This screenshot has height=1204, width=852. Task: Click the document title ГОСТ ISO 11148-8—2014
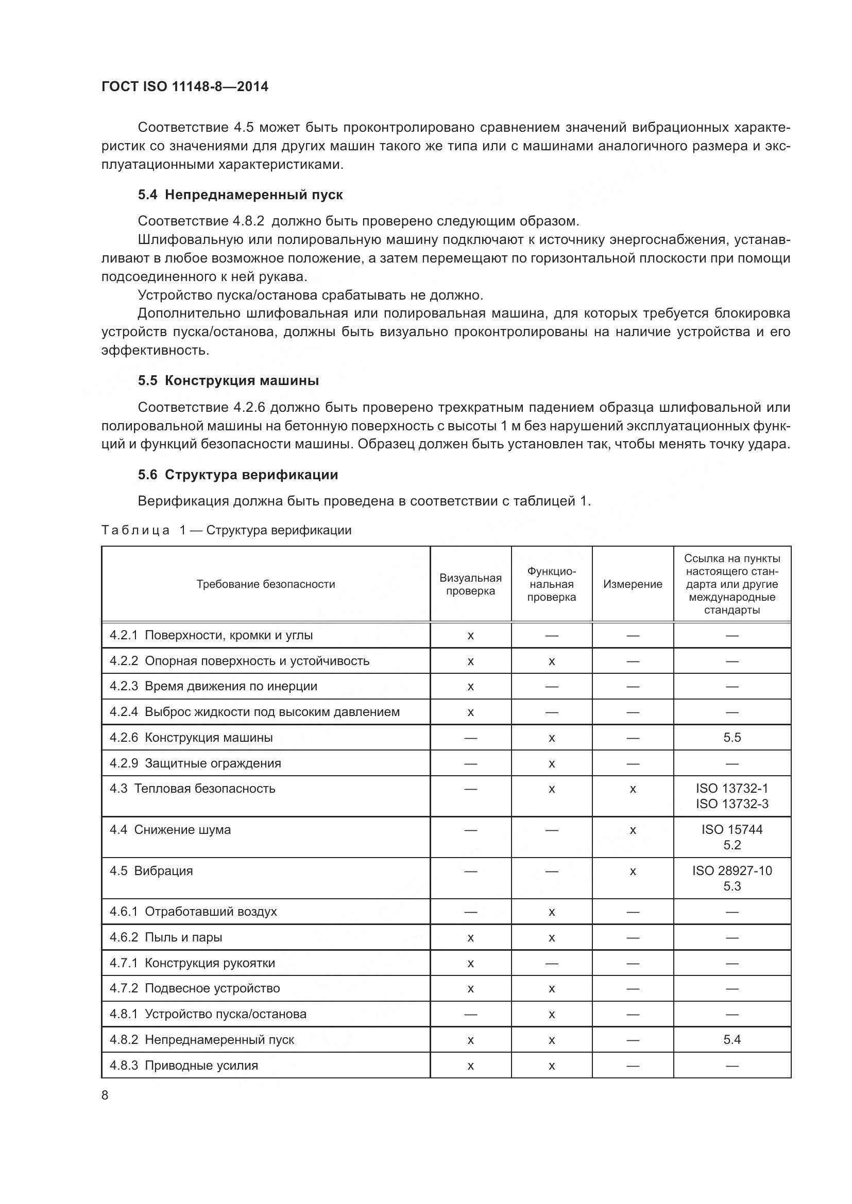(185, 86)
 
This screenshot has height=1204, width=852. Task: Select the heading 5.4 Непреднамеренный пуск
(240, 195)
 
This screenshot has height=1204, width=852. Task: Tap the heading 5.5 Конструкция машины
(228, 380)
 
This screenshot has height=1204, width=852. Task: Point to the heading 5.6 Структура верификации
(237, 475)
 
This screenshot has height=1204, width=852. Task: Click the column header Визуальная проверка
(470, 584)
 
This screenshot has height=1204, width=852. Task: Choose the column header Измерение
(632, 584)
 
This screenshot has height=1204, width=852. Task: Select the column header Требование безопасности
(265, 584)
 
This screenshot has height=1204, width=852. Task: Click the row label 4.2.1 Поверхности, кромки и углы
(211, 635)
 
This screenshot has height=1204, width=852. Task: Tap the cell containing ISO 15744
(731, 829)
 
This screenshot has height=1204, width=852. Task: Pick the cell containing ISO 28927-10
(731, 870)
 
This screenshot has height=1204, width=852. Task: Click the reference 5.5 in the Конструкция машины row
(731, 737)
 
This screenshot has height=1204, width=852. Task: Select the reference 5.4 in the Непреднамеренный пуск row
(731, 1039)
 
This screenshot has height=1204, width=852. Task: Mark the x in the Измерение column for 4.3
(632, 789)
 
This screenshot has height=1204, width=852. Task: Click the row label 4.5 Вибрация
(151, 870)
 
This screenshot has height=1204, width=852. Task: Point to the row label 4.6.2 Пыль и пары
(166, 937)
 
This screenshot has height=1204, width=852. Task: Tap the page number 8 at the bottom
(105, 1095)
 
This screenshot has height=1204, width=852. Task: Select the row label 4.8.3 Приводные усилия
(183, 1065)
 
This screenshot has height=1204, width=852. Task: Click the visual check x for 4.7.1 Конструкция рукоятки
(470, 963)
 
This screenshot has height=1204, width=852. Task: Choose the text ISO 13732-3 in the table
(731, 804)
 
